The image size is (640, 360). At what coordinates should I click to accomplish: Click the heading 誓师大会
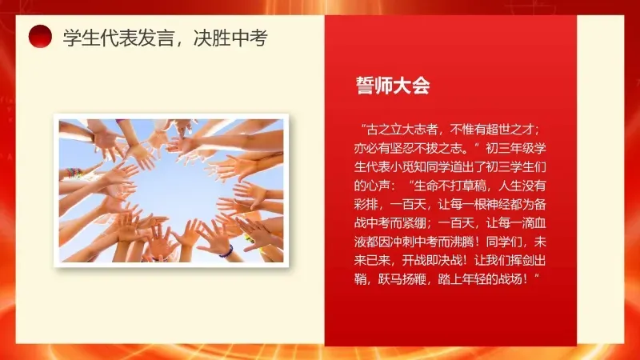(x=393, y=86)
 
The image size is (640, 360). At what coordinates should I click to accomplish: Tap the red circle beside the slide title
(x=40, y=36)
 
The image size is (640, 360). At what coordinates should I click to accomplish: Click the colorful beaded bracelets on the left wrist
(x=74, y=172)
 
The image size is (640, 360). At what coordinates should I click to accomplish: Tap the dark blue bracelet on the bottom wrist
(x=226, y=250)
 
